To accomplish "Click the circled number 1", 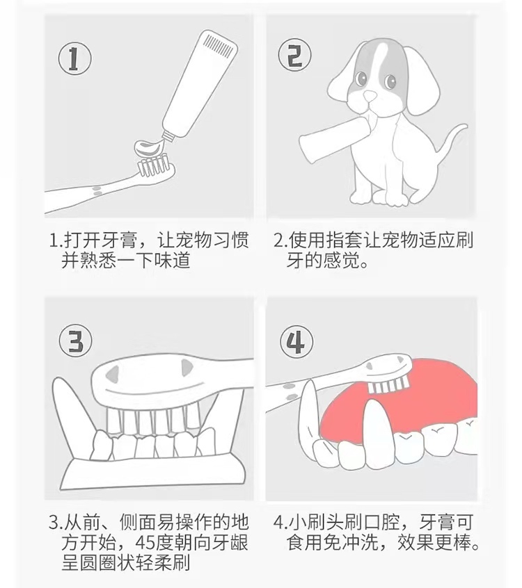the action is pyautogui.click(x=74, y=58).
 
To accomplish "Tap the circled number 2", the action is pyautogui.click(x=294, y=55).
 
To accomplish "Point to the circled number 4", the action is pyautogui.click(x=296, y=342).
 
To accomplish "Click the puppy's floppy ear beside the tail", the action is pyautogui.click(x=422, y=81).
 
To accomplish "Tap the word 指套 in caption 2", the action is pyautogui.click(x=345, y=240).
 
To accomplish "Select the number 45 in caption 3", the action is pyautogui.click(x=145, y=542).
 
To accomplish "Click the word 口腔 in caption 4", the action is pyautogui.click(x=381, y=522).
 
